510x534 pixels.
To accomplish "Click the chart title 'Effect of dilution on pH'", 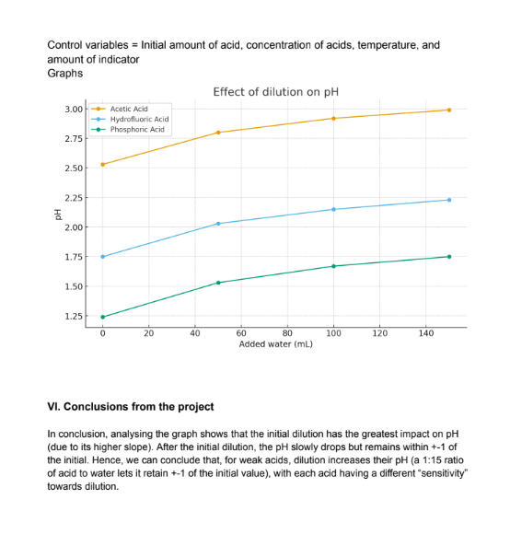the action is click(x=276, y=92).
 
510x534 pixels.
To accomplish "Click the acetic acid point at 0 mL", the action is click(x=103, y=165).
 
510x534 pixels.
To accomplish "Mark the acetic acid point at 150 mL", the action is click(x=449, y=110).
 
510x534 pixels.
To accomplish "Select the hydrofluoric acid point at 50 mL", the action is click(x=218, y=224).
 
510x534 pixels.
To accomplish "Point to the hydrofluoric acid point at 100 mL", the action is click(x=333, y=209).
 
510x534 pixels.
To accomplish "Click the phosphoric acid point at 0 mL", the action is click(x=103, y=317).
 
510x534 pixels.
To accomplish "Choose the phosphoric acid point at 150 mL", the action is click(x=449, y=257).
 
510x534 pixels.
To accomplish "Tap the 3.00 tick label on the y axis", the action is click(x=74, y=110).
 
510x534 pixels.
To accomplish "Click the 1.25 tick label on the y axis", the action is click(x=74, y=316).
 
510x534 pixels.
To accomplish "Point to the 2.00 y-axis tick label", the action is click(x=74, y=227).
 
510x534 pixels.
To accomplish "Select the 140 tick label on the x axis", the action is click(x=426, y=333).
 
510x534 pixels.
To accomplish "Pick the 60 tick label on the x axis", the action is click(x=241, y=333).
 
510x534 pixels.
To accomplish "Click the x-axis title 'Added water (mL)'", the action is click(x=276, y=344).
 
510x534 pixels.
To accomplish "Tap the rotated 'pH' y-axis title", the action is click(x=58, y=215).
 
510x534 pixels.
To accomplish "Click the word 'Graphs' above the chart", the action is click(x=65, y=74).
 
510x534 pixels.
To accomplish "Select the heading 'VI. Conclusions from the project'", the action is click(x=131, y=407).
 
